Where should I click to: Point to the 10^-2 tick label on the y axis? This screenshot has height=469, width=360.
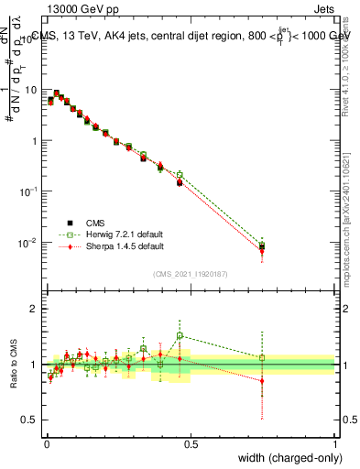pyautogui.click(x=27, y=243)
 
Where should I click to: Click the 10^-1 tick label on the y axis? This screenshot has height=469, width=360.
pyautogui.click(x=27, y=191)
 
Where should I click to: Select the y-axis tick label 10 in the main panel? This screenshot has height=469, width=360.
pyautogui.click(x=29, y=90)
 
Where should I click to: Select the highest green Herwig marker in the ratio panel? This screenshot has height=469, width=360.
pyautogui.click(x=180, y=335)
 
